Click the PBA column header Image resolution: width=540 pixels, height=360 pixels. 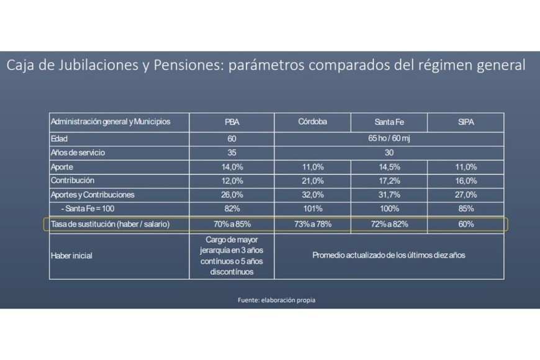(232, 122)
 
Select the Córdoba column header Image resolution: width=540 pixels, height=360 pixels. (312, 122)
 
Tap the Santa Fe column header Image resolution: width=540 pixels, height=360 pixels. (389, 122)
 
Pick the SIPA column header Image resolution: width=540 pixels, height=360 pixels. (466, 122)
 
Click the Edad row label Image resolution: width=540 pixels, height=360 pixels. (60, 138)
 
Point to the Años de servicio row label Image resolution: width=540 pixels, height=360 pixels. (78, 153)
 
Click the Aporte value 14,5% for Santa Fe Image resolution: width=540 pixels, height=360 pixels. (389, 167)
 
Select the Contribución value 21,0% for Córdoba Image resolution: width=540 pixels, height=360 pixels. (312, 181)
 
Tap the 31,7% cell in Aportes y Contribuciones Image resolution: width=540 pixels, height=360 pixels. (389, 195)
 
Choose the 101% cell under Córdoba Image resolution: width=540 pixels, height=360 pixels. (312, 209)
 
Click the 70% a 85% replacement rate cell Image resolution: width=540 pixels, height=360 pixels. (232, 224)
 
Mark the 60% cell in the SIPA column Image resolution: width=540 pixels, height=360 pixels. (466, 224)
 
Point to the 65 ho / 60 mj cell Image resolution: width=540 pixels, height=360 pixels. (389, 138)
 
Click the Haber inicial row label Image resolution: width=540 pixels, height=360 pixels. (71, 256)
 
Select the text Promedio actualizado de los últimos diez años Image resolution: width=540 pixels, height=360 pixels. (389, 255)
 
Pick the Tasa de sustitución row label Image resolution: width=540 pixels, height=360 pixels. (110, 224)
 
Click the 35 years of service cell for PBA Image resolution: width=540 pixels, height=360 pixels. (232, 153)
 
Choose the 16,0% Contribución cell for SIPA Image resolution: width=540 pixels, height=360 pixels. (466, 181)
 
